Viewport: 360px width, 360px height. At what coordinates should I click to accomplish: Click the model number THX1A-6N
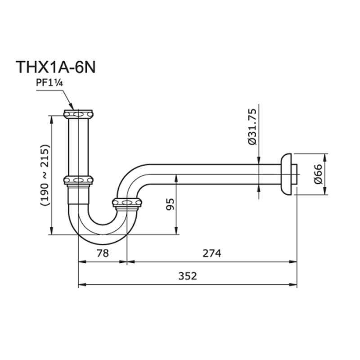click(x=56, y=66)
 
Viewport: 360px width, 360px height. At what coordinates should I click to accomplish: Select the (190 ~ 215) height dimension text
click(x=45, y=174)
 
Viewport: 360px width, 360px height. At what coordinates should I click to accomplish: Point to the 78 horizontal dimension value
click(x=103, y=253)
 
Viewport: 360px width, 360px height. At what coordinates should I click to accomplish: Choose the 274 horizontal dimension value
click(x=211, y=253)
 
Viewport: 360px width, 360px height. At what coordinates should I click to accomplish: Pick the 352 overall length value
click(x=187, y=276)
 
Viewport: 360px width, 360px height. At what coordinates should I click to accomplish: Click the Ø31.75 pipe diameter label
click(x=252, y=127)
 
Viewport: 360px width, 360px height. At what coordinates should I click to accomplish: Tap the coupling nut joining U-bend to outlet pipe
click(x=127, y=203)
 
